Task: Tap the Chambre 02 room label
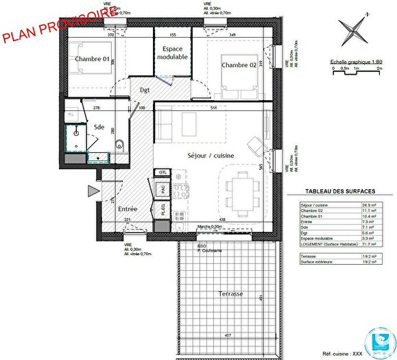(239, 64)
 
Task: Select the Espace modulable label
(171, 53)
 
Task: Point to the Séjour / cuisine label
(211, 156)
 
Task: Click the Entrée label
(128, 208)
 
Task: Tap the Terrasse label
(230, 293)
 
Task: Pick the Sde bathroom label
(99, 127)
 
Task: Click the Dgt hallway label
(145, 90)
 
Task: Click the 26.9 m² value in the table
(368, 206)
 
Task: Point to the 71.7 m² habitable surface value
(368, 243)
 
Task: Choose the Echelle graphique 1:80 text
(355, 60)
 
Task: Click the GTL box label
(162, 172)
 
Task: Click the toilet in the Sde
(119, 143)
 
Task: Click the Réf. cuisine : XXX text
(366, 356)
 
